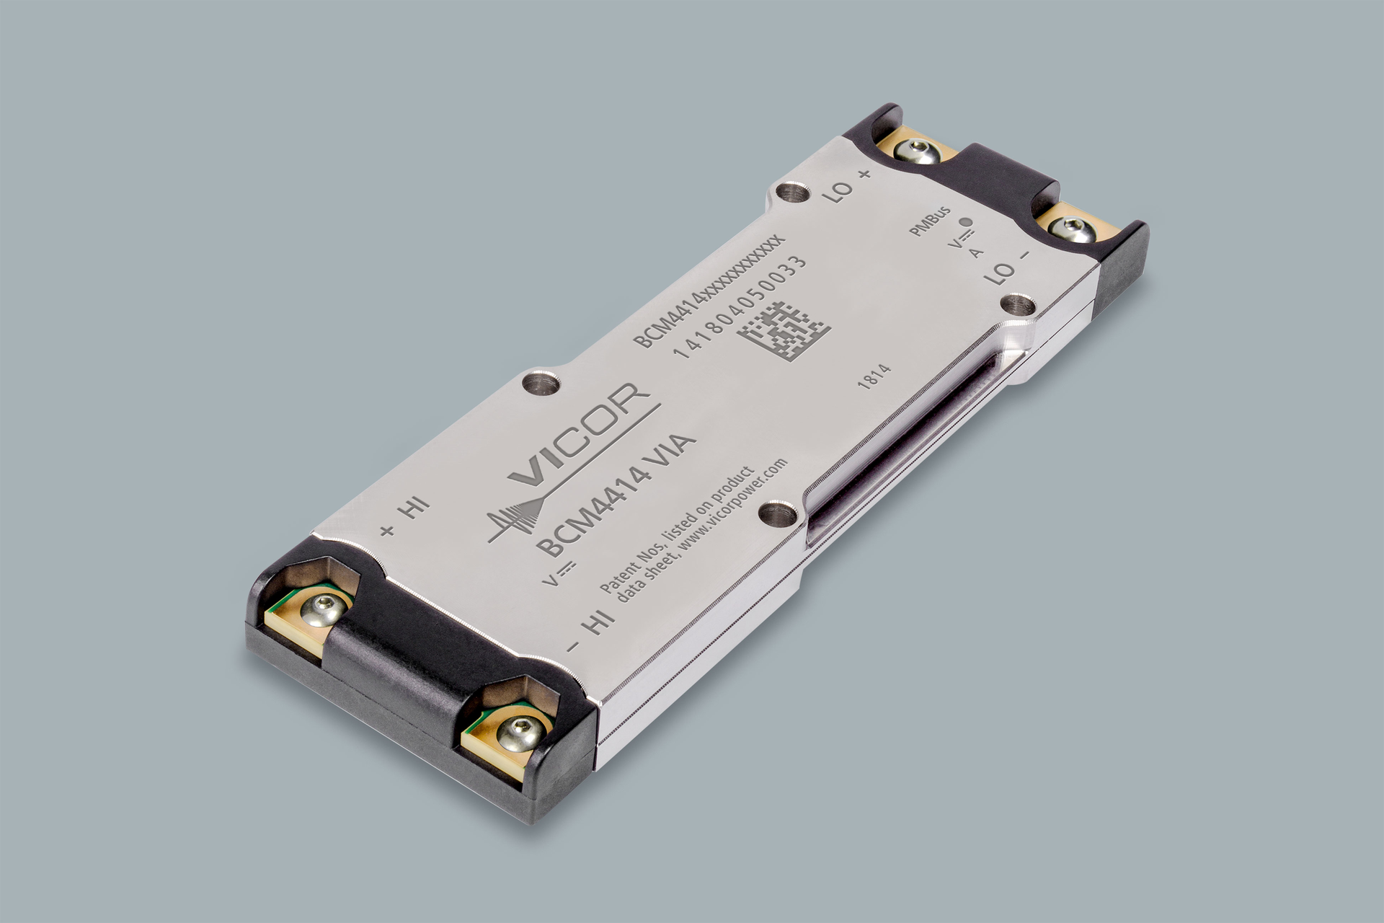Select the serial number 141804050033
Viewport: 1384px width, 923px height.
739,306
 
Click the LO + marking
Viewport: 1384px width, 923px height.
851,185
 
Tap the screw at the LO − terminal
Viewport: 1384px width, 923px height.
1070,229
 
